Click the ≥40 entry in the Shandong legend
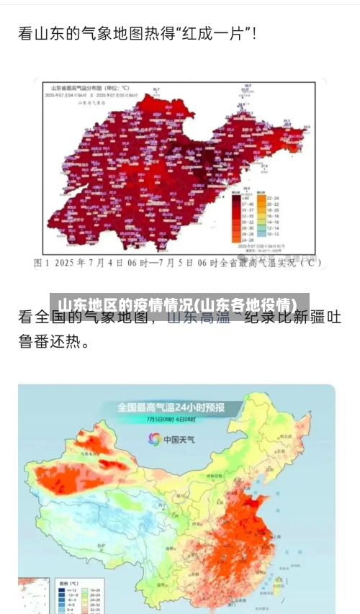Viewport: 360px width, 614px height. [x=244, y=198]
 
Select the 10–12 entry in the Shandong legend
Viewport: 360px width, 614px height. [x=271, y=234]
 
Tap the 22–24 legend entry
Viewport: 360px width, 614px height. [x=271, y=198]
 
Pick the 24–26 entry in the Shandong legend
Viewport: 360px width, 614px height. [x=244, y=240]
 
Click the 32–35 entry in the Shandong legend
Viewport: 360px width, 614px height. [x=244, y=216]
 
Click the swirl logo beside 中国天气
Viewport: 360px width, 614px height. [x=154, y=438]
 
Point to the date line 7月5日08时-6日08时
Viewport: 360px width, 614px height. [x=171, y=420]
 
